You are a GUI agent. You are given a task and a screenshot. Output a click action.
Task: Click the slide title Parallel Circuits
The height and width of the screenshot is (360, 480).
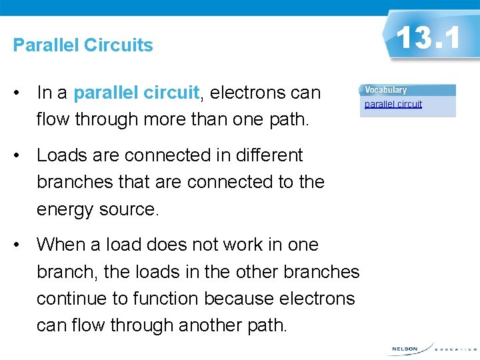click(x=83, y=45)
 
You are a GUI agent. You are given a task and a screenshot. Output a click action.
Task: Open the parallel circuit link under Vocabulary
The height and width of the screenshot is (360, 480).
click(x=393, y=104)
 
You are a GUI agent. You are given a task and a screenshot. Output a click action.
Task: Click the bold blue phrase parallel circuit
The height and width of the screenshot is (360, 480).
click(x=137, y=93)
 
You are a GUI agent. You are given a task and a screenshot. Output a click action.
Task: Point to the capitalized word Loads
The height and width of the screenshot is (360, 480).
click(x=58, y=155)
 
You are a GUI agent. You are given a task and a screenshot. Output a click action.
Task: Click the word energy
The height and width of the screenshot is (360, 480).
click(x=65, y=209)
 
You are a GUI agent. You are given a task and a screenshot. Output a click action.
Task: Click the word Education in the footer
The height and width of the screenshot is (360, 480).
click(x=456, y=349)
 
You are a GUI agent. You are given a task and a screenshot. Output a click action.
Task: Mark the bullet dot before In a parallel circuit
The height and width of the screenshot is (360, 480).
click(x=22, y=93)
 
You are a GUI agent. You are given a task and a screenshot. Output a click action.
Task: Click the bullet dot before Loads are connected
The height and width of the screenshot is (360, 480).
click(x=22, y=156)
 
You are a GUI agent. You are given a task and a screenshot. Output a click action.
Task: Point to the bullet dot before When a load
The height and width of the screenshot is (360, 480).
click(x=22, y=245)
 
